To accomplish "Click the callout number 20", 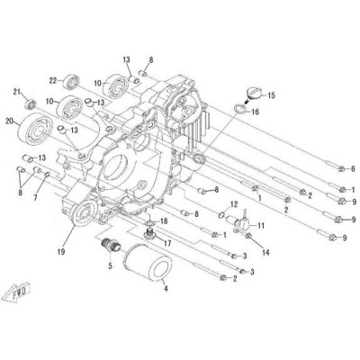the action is click(x=10, y=121).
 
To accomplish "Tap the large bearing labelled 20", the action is click(x=35, y=129).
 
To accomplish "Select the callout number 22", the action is click(x=53, y=80).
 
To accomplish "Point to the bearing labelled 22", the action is click(x=71, y=81).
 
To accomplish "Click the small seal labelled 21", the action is click(x=31, y=103).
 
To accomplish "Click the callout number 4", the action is click(x=166, y=289).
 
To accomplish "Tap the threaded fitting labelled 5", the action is click(x=112, y=245).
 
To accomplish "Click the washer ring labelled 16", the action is click(x=239, y=109).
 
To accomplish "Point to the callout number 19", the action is click(x=61, y=252).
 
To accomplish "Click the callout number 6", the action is click(x=353, y=168).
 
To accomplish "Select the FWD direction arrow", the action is click(x=17, y=292).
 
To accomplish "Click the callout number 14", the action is click(x=265, y=253).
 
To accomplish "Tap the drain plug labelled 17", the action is click(x=150, y=234).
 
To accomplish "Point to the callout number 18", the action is click(x=164, y=221).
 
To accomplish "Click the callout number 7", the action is click(x=35, y=198).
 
